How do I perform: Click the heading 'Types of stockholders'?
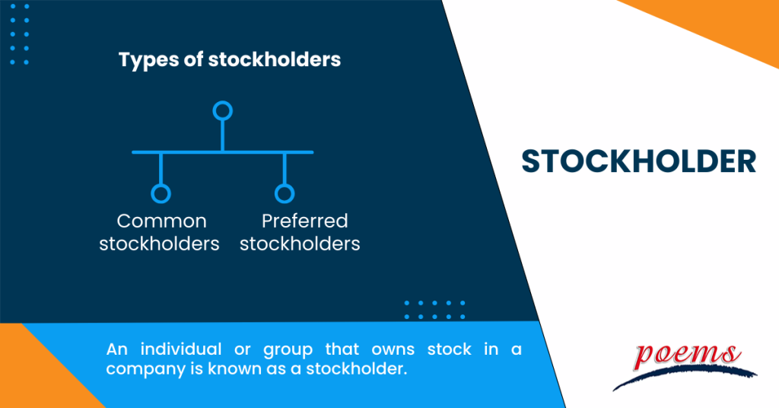[x=230, y=59]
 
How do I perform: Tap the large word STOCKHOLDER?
[x=638, y=161]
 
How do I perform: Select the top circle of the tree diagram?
[x=222, y=111]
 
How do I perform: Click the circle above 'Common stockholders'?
[x=161, y=193]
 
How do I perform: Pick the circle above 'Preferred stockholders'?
[x=284, y=193]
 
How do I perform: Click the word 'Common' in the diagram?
[x=161, y=221]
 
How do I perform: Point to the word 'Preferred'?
[x=304, y=221]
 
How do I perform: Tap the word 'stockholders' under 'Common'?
[x=160, y=244]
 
